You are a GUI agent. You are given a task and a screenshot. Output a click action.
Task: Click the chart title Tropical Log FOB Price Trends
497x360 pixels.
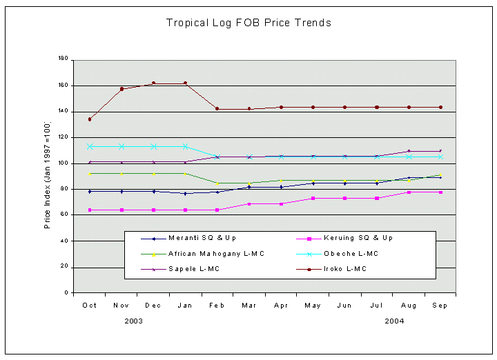click(248, 23)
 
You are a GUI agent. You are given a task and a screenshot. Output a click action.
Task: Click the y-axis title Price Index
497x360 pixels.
click(48, 176)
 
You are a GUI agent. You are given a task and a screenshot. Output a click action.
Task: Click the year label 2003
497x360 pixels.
click(134, 321)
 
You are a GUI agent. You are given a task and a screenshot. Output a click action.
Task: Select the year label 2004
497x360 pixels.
click(394, 321)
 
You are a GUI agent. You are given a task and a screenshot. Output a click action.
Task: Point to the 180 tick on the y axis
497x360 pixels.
click(62, 59)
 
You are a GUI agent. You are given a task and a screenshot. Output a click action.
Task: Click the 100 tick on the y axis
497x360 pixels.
click(62, 163)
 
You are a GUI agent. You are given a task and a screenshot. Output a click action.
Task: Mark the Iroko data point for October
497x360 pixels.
click(89, 119)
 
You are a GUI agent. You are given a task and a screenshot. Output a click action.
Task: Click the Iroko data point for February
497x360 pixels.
click(217, 109)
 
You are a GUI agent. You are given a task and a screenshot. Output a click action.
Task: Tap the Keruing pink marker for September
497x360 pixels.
click(440, 192)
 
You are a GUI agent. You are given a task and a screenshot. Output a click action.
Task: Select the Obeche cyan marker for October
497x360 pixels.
click(89, 146)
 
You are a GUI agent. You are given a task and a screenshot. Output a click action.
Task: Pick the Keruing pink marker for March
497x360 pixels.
click(249, 204)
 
